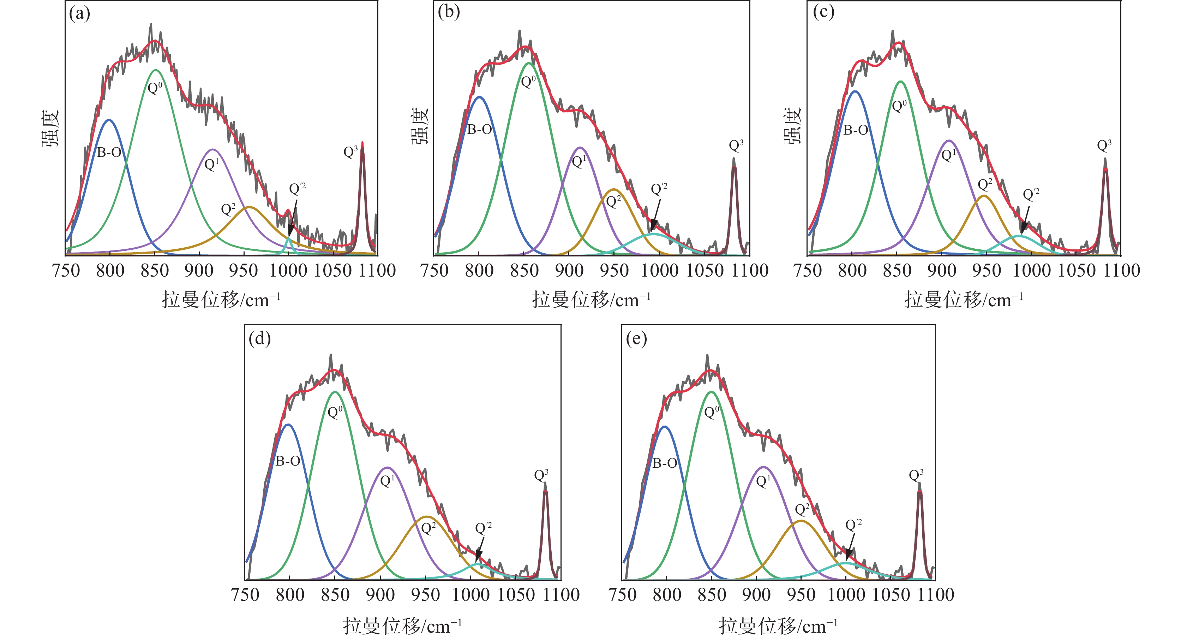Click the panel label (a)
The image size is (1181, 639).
click(79, 14)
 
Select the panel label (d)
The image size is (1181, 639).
click(259, 338)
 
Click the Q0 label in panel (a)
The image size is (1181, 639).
click(155, 88)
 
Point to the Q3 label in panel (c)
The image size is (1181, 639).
click(1104, 146)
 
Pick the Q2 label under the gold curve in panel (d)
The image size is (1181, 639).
click(428, 528)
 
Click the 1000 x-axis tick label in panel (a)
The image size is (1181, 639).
click(288, 271)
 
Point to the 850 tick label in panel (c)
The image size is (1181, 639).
click(897, 271)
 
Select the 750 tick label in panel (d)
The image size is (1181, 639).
click(246, 595)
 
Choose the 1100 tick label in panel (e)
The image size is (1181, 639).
click(935, 595)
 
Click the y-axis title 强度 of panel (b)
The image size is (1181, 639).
click(420, 126)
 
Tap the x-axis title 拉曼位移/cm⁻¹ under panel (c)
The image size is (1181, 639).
click(963, 301)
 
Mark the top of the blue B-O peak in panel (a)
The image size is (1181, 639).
click(109, 120)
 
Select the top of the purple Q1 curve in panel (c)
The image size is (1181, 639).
click(948, 140)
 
